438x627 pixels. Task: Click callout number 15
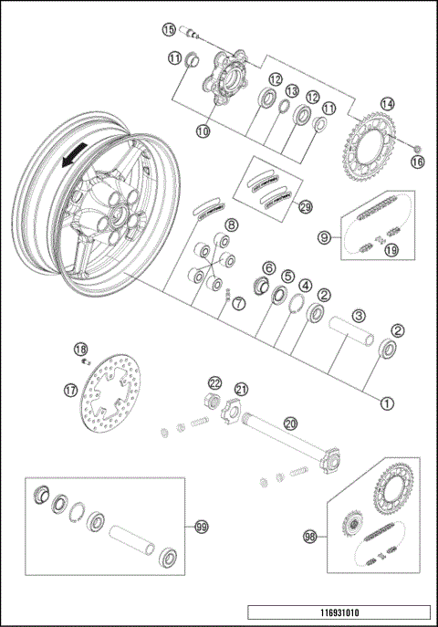169,29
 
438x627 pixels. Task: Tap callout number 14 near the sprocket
388,104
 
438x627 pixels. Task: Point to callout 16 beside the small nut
418,162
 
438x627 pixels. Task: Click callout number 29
306,206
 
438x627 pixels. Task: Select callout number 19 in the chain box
391,248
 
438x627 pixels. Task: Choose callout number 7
239,303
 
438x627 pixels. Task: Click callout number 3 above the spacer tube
360,314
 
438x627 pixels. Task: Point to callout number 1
387,400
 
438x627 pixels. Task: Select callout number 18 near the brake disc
80,349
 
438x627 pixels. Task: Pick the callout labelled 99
200,527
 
